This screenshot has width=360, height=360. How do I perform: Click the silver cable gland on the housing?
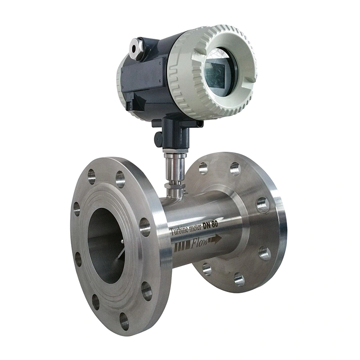(135, 48)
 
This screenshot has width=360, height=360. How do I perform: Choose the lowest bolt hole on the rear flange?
(239, 280)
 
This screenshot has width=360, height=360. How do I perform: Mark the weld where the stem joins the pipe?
(174, 194)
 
